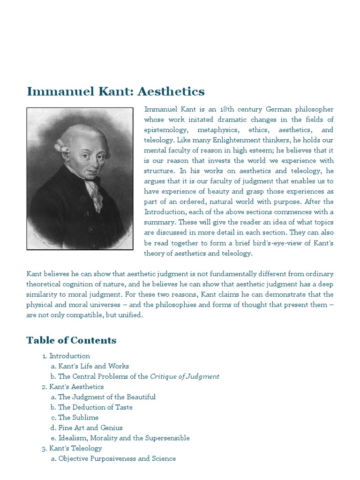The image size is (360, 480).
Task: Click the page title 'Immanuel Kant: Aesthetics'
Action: click(x=116, y=91)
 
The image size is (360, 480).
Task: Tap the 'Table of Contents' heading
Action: click(x=71, y=340)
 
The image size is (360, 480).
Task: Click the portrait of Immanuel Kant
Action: click(x=80, y=178)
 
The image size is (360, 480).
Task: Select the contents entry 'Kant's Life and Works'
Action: click(x=93, y=366)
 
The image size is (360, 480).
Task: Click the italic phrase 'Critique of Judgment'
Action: click(x=185, y=376)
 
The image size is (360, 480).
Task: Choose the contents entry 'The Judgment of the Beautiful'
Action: click(x=107, y=397)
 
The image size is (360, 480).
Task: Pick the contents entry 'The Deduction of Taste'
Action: click(x=95, y=407)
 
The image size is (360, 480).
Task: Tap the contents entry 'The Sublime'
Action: click(x=78, y=418)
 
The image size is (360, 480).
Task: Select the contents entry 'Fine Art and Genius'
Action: click(x=90, y=428)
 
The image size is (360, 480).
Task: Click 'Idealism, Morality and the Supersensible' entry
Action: click(x=124, y=438)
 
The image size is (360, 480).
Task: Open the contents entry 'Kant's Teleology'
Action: click(x=75, y=449)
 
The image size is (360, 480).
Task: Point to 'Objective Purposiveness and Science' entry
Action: click(x=117, y=459)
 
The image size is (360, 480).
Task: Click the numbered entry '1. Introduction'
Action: click(x=69, y=356)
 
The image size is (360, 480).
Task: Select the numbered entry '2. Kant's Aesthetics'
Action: click(x=76, y=387)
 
